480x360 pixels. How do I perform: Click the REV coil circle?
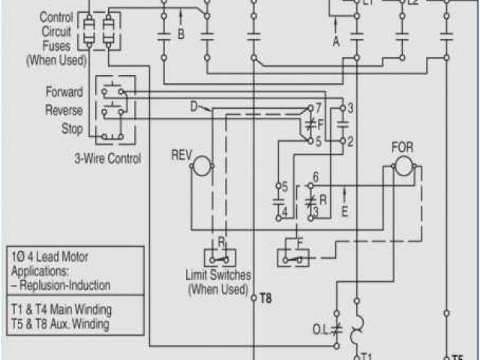(x=201, y=166)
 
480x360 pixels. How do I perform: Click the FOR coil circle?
(x=403, y=166)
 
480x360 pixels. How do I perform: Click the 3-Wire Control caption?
(x=108, y=158)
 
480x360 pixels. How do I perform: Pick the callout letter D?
(x=193, y=106)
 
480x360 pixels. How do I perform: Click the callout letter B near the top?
(x=181, y=34)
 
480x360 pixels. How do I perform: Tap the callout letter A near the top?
(x=336, y=42)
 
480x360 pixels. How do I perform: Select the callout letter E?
(x=344, y=211)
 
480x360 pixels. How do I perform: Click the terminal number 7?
(x=318, y=108)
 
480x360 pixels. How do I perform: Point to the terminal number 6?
(x=316, y=177)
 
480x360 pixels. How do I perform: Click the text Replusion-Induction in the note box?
(x=66, y=286)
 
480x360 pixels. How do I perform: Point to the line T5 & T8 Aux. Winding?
(x=60, y=325)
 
